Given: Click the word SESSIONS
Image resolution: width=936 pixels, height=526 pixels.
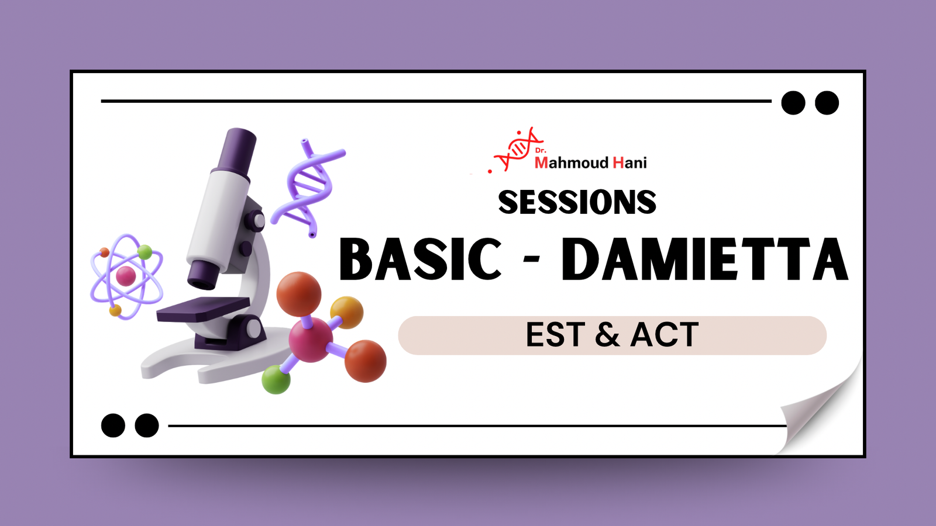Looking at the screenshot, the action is [577, 202].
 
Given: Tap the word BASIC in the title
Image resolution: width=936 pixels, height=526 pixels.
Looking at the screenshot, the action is [420, 259].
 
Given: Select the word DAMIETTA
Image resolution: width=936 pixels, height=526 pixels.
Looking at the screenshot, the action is [704, 259].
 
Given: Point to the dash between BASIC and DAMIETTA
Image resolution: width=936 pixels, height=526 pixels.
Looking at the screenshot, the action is [531, 260].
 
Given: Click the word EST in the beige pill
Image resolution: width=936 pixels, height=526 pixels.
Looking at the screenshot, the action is [555, 334].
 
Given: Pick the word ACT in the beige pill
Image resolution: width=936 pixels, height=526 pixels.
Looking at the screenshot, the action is [665, 334].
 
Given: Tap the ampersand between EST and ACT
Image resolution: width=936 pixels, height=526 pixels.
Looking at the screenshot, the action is [607, 334].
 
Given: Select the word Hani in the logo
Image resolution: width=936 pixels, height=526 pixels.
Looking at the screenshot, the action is [629, 162].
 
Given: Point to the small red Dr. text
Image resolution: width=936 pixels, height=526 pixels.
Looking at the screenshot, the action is [541, 151].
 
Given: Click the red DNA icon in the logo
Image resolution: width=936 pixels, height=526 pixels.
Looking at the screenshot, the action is [516, 150].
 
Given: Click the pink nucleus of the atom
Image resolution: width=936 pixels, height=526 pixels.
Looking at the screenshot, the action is [126, 276].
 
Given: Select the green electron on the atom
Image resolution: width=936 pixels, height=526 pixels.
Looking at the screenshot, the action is [144, 252].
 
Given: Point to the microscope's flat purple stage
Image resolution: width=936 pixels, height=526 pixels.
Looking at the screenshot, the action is [204, 309].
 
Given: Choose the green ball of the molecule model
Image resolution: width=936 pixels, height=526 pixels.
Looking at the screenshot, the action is [276, 379].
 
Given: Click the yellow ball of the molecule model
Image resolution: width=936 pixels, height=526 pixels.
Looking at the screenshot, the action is [346, 312].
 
